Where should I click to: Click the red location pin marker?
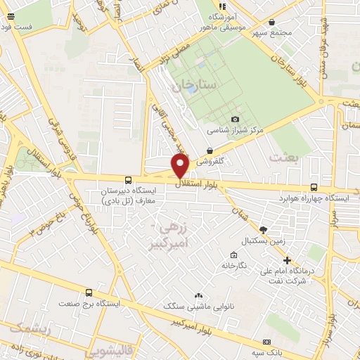[181, 166]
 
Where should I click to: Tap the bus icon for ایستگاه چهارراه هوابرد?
[314, 188]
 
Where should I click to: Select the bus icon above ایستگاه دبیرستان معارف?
[127, 180]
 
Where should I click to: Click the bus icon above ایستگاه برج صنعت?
[89, 292]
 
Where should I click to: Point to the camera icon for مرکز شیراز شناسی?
[235, 120]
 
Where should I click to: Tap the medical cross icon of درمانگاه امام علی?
[286, 261]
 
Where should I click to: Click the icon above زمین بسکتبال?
[264, 229]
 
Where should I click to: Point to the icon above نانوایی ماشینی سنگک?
[198, 296]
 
